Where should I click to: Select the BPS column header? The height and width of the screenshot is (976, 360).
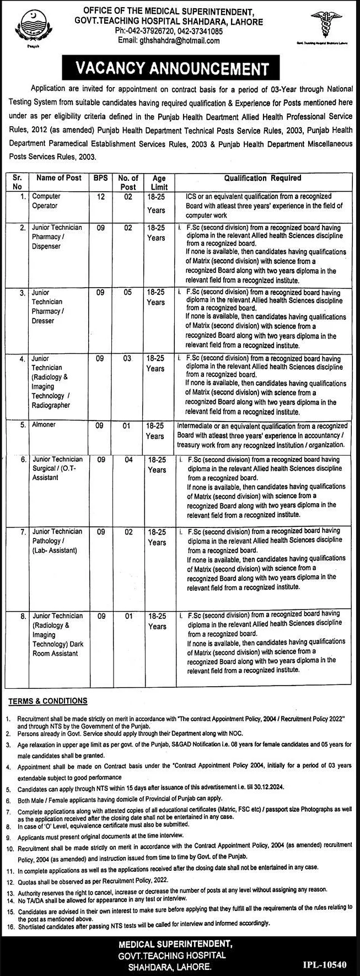point(100,179)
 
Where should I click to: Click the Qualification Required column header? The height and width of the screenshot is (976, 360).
point(262,179)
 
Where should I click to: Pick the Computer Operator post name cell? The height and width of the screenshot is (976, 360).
point(46,201)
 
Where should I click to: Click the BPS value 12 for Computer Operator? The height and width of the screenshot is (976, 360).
point(100,197)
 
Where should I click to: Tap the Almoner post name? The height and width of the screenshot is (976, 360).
point(44,425)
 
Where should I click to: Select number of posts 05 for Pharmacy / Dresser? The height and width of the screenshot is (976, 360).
point(128,293)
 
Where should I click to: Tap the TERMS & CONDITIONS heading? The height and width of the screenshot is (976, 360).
point(47,701)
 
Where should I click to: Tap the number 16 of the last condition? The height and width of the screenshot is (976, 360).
point(9,923)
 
